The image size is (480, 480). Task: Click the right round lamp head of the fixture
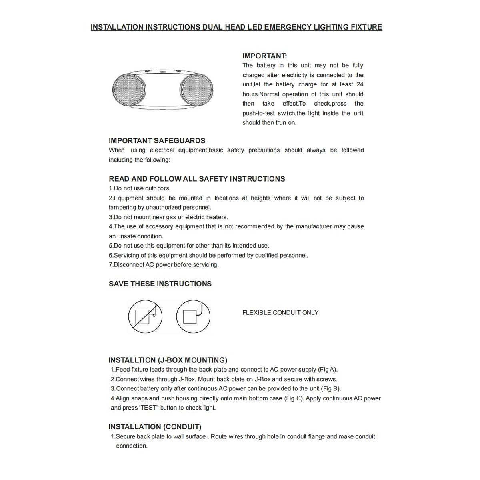click(x=196, y=89)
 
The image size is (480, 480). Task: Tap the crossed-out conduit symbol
click(x=145, y=317)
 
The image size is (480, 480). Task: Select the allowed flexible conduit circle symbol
click(x=193, y=317)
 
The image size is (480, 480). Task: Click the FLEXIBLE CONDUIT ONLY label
click(x=280, y=313)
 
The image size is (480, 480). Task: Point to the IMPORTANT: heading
click(x=264, y=56)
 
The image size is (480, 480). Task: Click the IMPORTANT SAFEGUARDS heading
click(x=157, y=141)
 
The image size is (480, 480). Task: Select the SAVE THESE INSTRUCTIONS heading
click(x=160, y=284)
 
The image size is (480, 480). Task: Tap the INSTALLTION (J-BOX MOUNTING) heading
click(x=168, y=360)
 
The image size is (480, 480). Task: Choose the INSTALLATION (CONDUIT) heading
click(x=155, y=427)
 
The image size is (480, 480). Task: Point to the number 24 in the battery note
click(x=360, y=84)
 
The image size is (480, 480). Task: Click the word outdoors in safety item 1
click(x=158, y=188)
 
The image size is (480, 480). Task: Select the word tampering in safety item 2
click(x=122, y=208)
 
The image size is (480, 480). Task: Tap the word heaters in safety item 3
click(x=217, y=217)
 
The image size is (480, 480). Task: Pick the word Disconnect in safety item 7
click(x=129, y=265)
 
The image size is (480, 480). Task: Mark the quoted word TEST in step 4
click(x=149, y=408)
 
